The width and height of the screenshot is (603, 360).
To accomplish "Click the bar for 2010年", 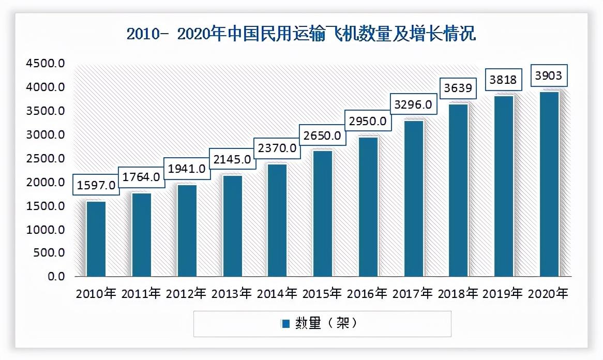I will point(96,238).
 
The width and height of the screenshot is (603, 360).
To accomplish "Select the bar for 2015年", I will point(322,213).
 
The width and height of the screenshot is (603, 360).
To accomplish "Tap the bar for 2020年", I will point(549,184).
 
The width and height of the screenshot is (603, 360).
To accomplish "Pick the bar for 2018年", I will point(458,190).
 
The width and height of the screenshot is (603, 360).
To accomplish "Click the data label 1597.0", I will point(97,185).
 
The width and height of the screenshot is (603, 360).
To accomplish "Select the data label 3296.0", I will point(412,104).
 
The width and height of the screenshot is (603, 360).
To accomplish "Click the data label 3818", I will point(504,80).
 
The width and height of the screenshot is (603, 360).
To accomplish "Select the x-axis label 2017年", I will point(413,294).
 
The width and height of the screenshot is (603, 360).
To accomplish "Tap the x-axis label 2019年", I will point(503,294).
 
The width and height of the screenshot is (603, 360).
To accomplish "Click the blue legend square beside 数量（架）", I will point(285,324).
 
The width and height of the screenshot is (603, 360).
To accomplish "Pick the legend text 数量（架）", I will point(326,324).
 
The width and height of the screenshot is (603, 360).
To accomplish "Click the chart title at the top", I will point(301,34).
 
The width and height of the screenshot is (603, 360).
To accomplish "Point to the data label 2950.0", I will point(367,122).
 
